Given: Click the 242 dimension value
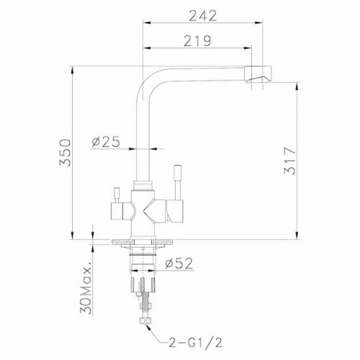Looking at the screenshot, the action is (203, 16).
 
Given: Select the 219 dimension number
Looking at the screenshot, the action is (197, 41).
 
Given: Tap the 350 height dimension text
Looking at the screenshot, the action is (66, 153).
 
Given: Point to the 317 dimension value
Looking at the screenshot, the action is (289, 161).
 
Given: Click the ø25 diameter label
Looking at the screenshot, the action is (106, 142).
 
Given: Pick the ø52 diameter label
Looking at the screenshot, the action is (179, 264).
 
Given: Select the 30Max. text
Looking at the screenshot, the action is (86, 287).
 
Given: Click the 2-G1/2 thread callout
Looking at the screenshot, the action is (195, 342).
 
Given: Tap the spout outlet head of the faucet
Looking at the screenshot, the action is (258, 74).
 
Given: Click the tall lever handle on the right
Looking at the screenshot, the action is (178, 182).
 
